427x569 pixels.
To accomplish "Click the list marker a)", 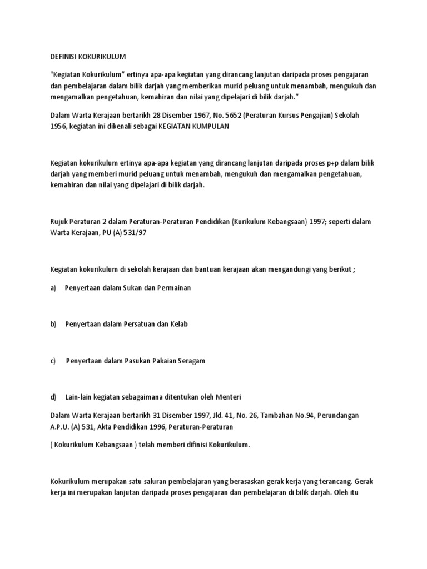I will pos(54,288).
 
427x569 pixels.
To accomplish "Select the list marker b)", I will pos(54,324).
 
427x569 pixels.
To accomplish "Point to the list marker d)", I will pos(54,397).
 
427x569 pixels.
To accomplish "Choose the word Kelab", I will pos(178,324).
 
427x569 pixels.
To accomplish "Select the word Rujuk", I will pos(59,221).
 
